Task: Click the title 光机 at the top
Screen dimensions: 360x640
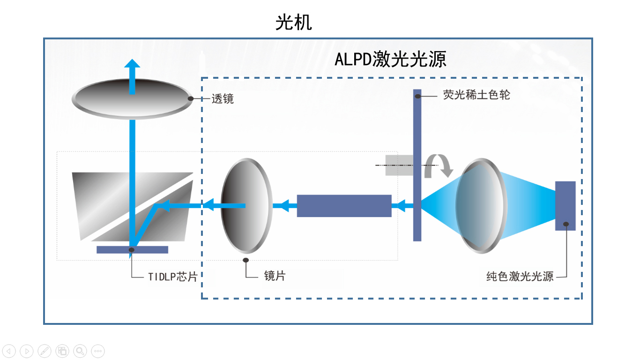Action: pyautogui.click(x=293, y=22)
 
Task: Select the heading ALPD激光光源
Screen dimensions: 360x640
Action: pyautogui.click(x=390, y=60)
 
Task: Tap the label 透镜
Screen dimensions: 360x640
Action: pyautogui.click(x=223, y=99)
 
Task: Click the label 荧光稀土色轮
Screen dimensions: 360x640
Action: pyautogui.click(x=476, y=95)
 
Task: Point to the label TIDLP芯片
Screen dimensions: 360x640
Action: pyautogui.click(x=172, y=277)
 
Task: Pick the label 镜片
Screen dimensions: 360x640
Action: pyautogui.click(x=275, y=276)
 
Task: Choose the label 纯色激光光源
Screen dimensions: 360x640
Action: pyautogui.click(x=520, y=277)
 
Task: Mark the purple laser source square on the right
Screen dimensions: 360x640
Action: pyautogui.click(x=565, y=205)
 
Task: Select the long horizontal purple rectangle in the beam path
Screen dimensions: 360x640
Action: pyautogui.click(x=344, y=206)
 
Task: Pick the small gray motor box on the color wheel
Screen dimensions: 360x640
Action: pyautogui.click(x=399, y=165)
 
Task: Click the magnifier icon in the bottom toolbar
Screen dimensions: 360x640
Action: pyautogui.click(x=80, y=351)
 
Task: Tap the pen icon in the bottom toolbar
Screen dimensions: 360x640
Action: pyautogui.click(x=45, y=351)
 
